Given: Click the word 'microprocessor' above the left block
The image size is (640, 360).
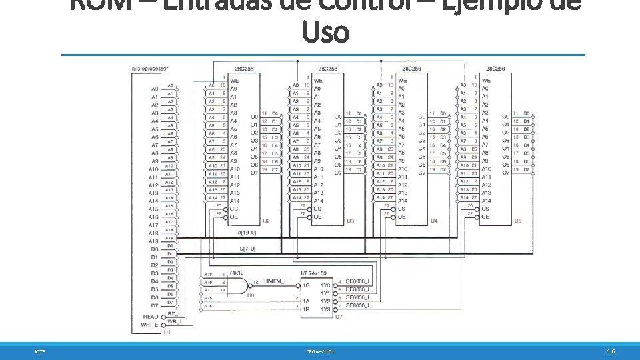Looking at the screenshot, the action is tap(150, 68).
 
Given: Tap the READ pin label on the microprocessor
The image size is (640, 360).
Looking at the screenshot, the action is tap(150, 317).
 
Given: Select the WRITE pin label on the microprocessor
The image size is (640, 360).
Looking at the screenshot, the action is tap(149, 325).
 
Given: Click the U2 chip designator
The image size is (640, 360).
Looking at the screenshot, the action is tap(267, 221).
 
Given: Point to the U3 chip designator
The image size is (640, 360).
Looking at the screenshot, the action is tap(350, 221).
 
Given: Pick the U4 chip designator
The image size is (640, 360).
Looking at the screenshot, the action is tap(434, 221).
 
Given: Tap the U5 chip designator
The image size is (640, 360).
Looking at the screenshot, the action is tap(518, 221).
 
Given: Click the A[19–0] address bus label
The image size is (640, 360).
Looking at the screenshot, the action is tap(247, 233).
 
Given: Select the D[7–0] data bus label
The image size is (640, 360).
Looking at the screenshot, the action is tap(247, 249).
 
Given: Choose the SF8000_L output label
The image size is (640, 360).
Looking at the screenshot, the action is tap(359, 305).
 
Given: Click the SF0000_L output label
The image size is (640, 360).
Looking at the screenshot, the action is tap(359, 297).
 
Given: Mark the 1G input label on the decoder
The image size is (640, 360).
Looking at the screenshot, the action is tap(306, 285).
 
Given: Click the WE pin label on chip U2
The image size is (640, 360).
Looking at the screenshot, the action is tap(234, 81).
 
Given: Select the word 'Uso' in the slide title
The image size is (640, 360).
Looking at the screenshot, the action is tap(325, 31).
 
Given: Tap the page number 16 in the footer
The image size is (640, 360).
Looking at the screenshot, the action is tap(611, 351).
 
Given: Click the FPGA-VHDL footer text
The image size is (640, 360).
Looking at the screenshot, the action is tap(320, 351).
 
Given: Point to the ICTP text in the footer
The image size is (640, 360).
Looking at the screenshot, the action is tap(40, 351).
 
